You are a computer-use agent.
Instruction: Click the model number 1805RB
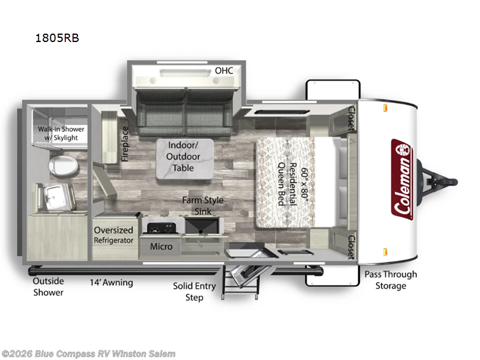point(58,38)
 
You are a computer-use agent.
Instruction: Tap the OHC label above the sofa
point(224,71)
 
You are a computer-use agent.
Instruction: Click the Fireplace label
point(125,144)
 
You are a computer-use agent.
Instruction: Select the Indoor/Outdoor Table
point(183,157)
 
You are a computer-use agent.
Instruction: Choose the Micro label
point(161,246)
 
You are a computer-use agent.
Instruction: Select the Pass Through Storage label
point(391,280)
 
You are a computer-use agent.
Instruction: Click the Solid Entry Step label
point(194,292)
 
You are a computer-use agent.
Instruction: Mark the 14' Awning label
point(111,282)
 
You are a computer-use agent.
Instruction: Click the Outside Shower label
point(48,286)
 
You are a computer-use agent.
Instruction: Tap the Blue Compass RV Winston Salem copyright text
point(89,354)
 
